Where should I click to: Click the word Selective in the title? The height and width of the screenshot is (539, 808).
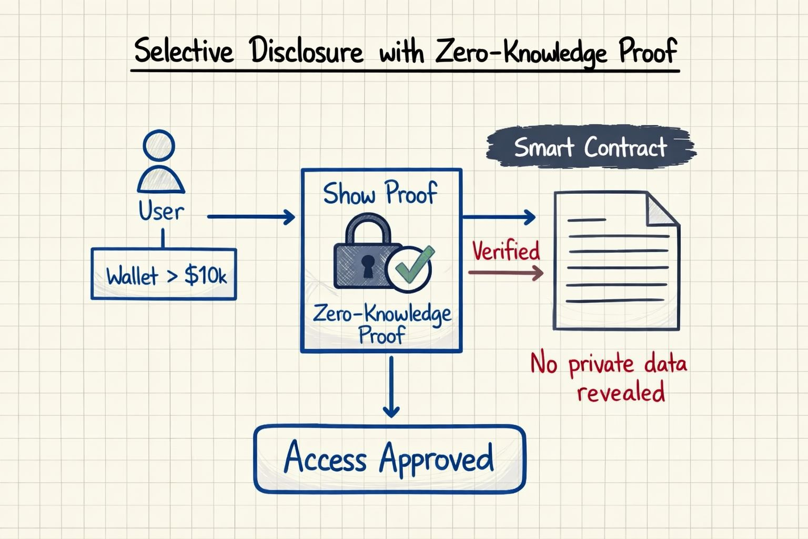183,52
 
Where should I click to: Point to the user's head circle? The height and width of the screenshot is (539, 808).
159,145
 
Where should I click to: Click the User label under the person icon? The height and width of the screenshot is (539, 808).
161,212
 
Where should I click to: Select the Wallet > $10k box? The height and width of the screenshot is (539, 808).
164,274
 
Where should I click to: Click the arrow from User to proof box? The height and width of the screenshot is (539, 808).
251,216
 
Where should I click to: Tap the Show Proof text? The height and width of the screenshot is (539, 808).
380,193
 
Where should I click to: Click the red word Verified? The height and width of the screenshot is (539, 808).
506,251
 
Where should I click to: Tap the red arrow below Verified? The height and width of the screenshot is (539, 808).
506,273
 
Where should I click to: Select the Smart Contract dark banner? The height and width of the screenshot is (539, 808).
590,147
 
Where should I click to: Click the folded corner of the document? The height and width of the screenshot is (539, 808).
662,208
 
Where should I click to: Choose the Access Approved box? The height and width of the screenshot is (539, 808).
390,458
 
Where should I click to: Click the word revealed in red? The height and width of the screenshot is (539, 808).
621,392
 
